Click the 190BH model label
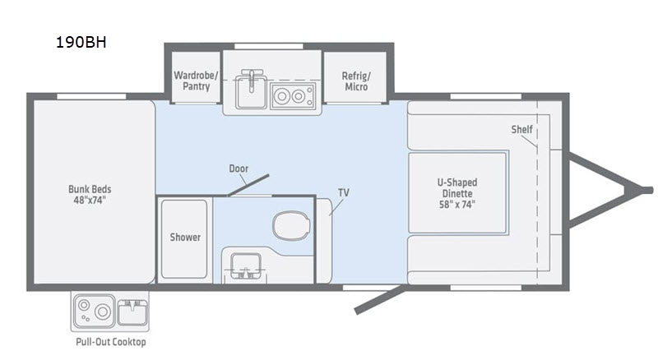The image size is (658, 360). pos(81,43)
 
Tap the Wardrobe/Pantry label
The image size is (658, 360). pos(196,81)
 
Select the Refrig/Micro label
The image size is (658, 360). pos(356,81)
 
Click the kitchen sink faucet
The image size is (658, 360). pos(252,80)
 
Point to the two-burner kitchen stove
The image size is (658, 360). pos(293,96)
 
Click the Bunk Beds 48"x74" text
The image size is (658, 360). pos(90,195)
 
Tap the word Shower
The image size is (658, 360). pos(185,238)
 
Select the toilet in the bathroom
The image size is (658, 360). pos(291,225)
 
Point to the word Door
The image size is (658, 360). pos(239,168)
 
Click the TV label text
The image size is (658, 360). pos(344,192)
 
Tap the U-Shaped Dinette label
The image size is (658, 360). pos(457,193)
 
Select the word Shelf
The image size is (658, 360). pos(521,130)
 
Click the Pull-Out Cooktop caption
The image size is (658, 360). pos(111,342)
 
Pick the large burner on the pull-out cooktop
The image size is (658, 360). pos(102,312)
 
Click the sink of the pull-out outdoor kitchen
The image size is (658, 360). pos(132,312)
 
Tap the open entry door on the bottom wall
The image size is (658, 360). pos(380,299)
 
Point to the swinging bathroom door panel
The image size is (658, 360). pos(248,186)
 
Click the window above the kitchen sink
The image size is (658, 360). pos(269,46)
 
